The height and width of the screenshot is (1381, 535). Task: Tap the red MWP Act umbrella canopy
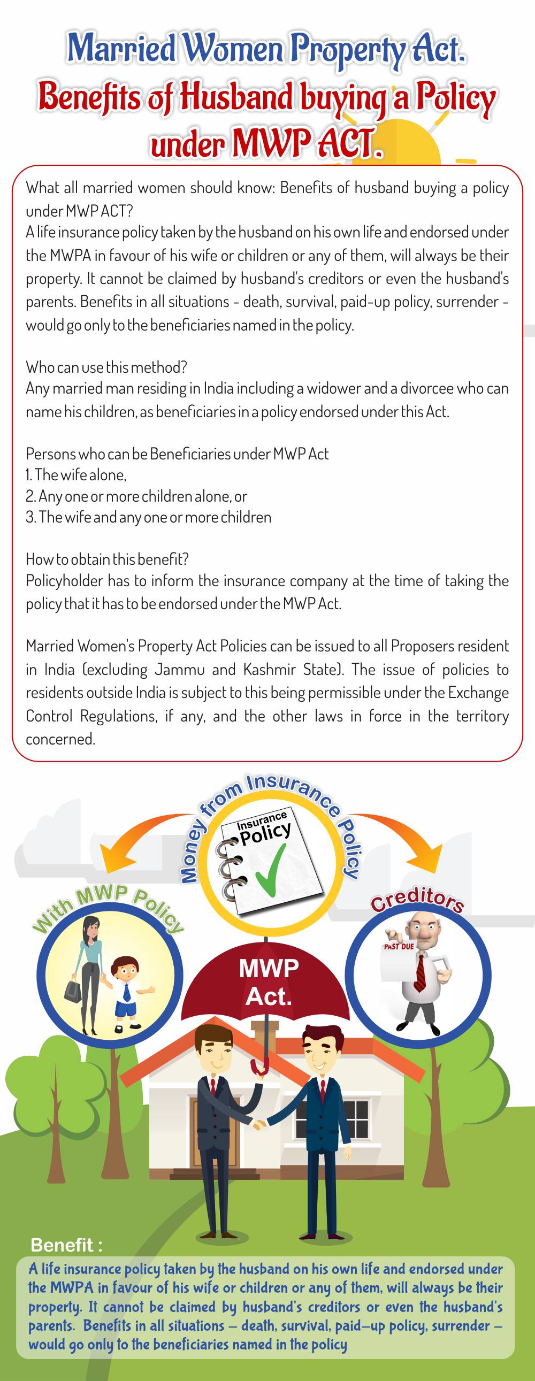(268, 980)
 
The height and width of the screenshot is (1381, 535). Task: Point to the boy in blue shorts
(126, 986)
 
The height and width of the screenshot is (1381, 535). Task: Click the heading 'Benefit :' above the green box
(66, 1245)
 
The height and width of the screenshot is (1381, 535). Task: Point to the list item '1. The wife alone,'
(76, 475)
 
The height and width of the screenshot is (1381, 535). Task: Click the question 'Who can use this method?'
(106, 367)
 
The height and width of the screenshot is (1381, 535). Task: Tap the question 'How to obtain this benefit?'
(107, 559)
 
